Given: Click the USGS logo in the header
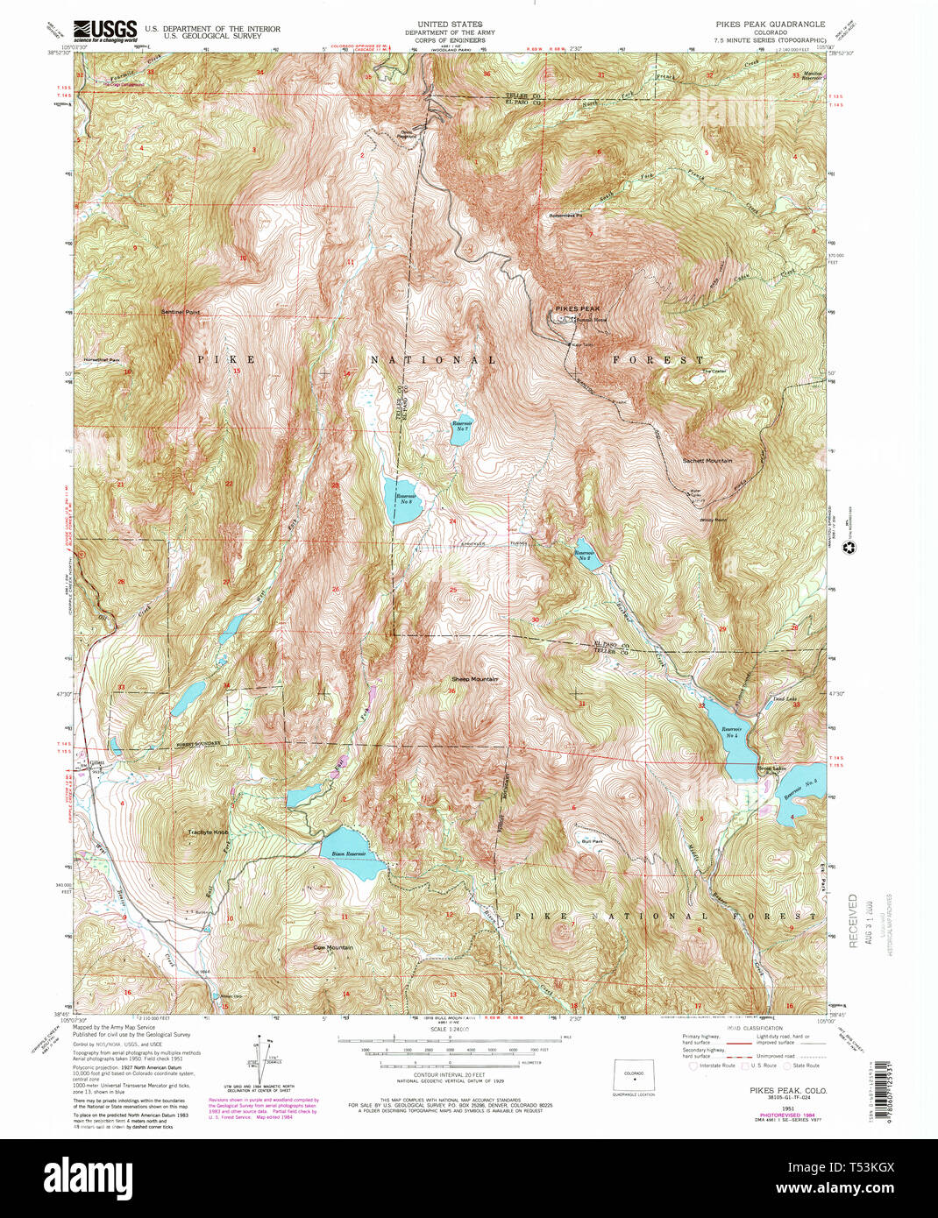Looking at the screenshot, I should (x=104, y=31).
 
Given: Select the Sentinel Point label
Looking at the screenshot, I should (x=180, y=312).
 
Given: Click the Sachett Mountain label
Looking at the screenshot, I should (x=707, y=460).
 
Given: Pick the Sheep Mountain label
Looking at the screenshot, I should (x=474, y=679).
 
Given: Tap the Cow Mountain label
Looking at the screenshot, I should (x=333, y=947).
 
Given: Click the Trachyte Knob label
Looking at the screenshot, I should (x=209, y=832).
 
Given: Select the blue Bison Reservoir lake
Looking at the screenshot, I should (x=352, y=854).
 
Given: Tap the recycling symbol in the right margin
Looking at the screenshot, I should (x=848, y=549).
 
